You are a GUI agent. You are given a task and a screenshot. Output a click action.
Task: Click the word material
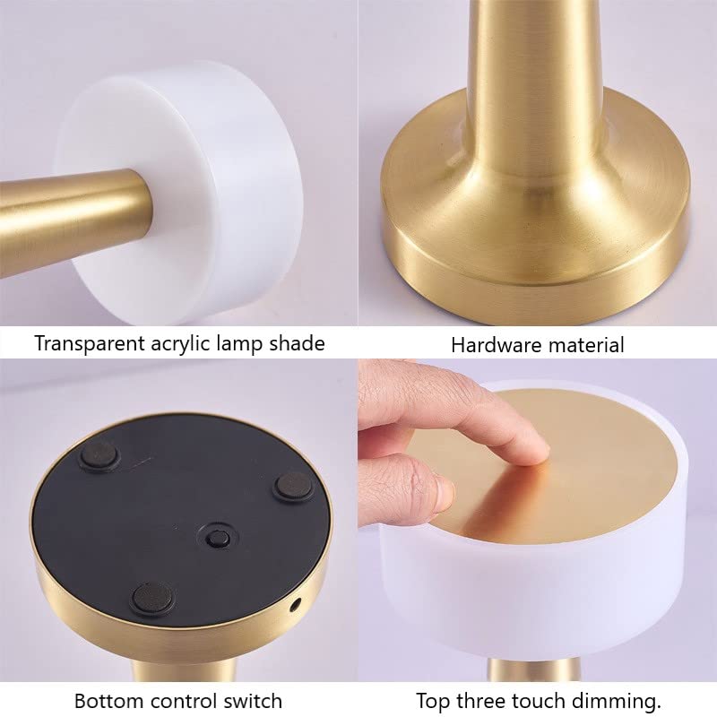[x=583, y=344]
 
